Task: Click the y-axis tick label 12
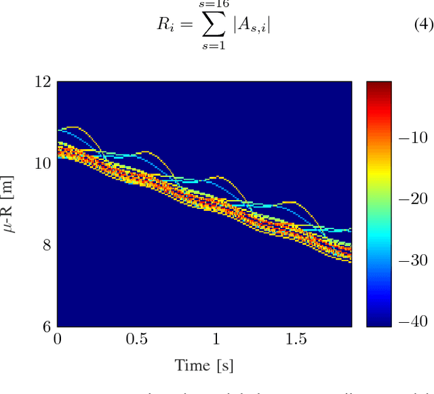(42, 82)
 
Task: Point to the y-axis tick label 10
(42, 163)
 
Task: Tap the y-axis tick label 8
(45, 245)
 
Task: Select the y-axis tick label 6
(45, 326)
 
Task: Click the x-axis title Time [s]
(203, 366)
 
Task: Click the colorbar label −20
(412, 199)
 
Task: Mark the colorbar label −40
(412, 321)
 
